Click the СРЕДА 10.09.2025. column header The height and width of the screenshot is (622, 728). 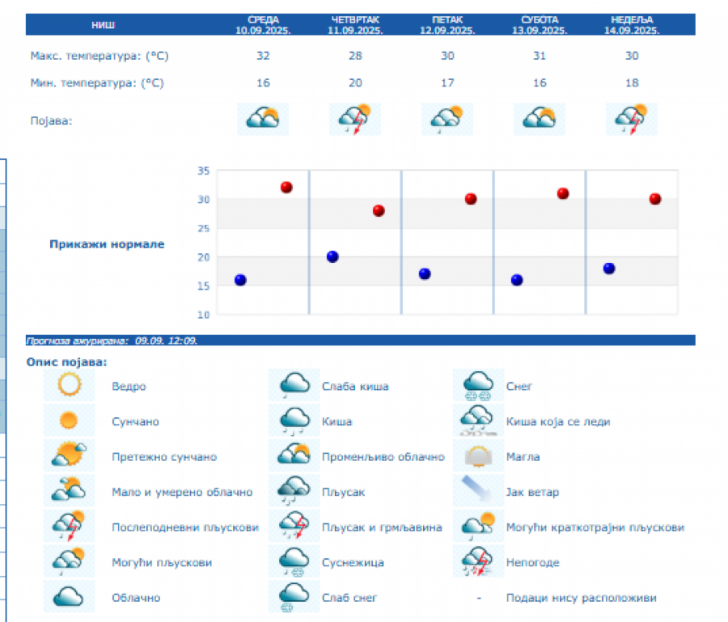click(x=263, y=25)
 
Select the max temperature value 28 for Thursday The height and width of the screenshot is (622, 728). click(x=355, y=56)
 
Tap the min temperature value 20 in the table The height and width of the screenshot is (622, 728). click(x=355, y=83)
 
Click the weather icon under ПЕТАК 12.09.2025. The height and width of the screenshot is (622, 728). click(x=447, y=120)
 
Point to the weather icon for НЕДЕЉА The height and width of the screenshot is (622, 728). click(x=632, y=120)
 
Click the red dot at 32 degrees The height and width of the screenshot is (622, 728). click(x=286, y=188)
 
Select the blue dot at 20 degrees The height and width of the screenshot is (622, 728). click(x=332, y=257)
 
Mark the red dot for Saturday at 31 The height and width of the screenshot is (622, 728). click(x=563, y=193)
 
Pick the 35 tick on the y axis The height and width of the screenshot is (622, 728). click(x=203, y=171)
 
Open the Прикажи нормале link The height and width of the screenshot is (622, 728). click(x=107, y=244)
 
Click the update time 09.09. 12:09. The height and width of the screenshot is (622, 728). click(x=167, y=341)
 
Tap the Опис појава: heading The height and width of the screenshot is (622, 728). click(x=66, y=362)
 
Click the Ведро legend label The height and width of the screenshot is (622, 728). click(x=129, y=387)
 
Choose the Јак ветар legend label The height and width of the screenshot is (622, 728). click(x=532, y=492)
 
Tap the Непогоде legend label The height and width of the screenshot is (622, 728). click(x=532, y=562)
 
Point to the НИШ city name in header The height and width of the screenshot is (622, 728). click(x=103, y=25)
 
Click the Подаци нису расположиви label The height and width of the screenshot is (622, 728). click(x=581, y=598)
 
